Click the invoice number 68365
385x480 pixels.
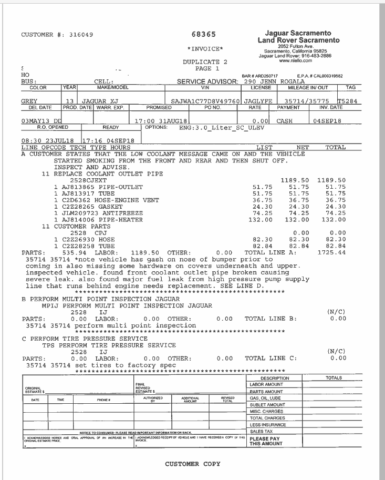[204, 35]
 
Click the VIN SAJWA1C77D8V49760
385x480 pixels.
[206, 101]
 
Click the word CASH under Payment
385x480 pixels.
[285, 120]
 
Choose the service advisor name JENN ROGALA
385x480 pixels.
[282, 81]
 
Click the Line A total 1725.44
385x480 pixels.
[332, 252]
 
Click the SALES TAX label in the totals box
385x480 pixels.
[261, 431]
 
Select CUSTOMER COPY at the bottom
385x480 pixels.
[193, 464]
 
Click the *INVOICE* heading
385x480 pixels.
[205, 49]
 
